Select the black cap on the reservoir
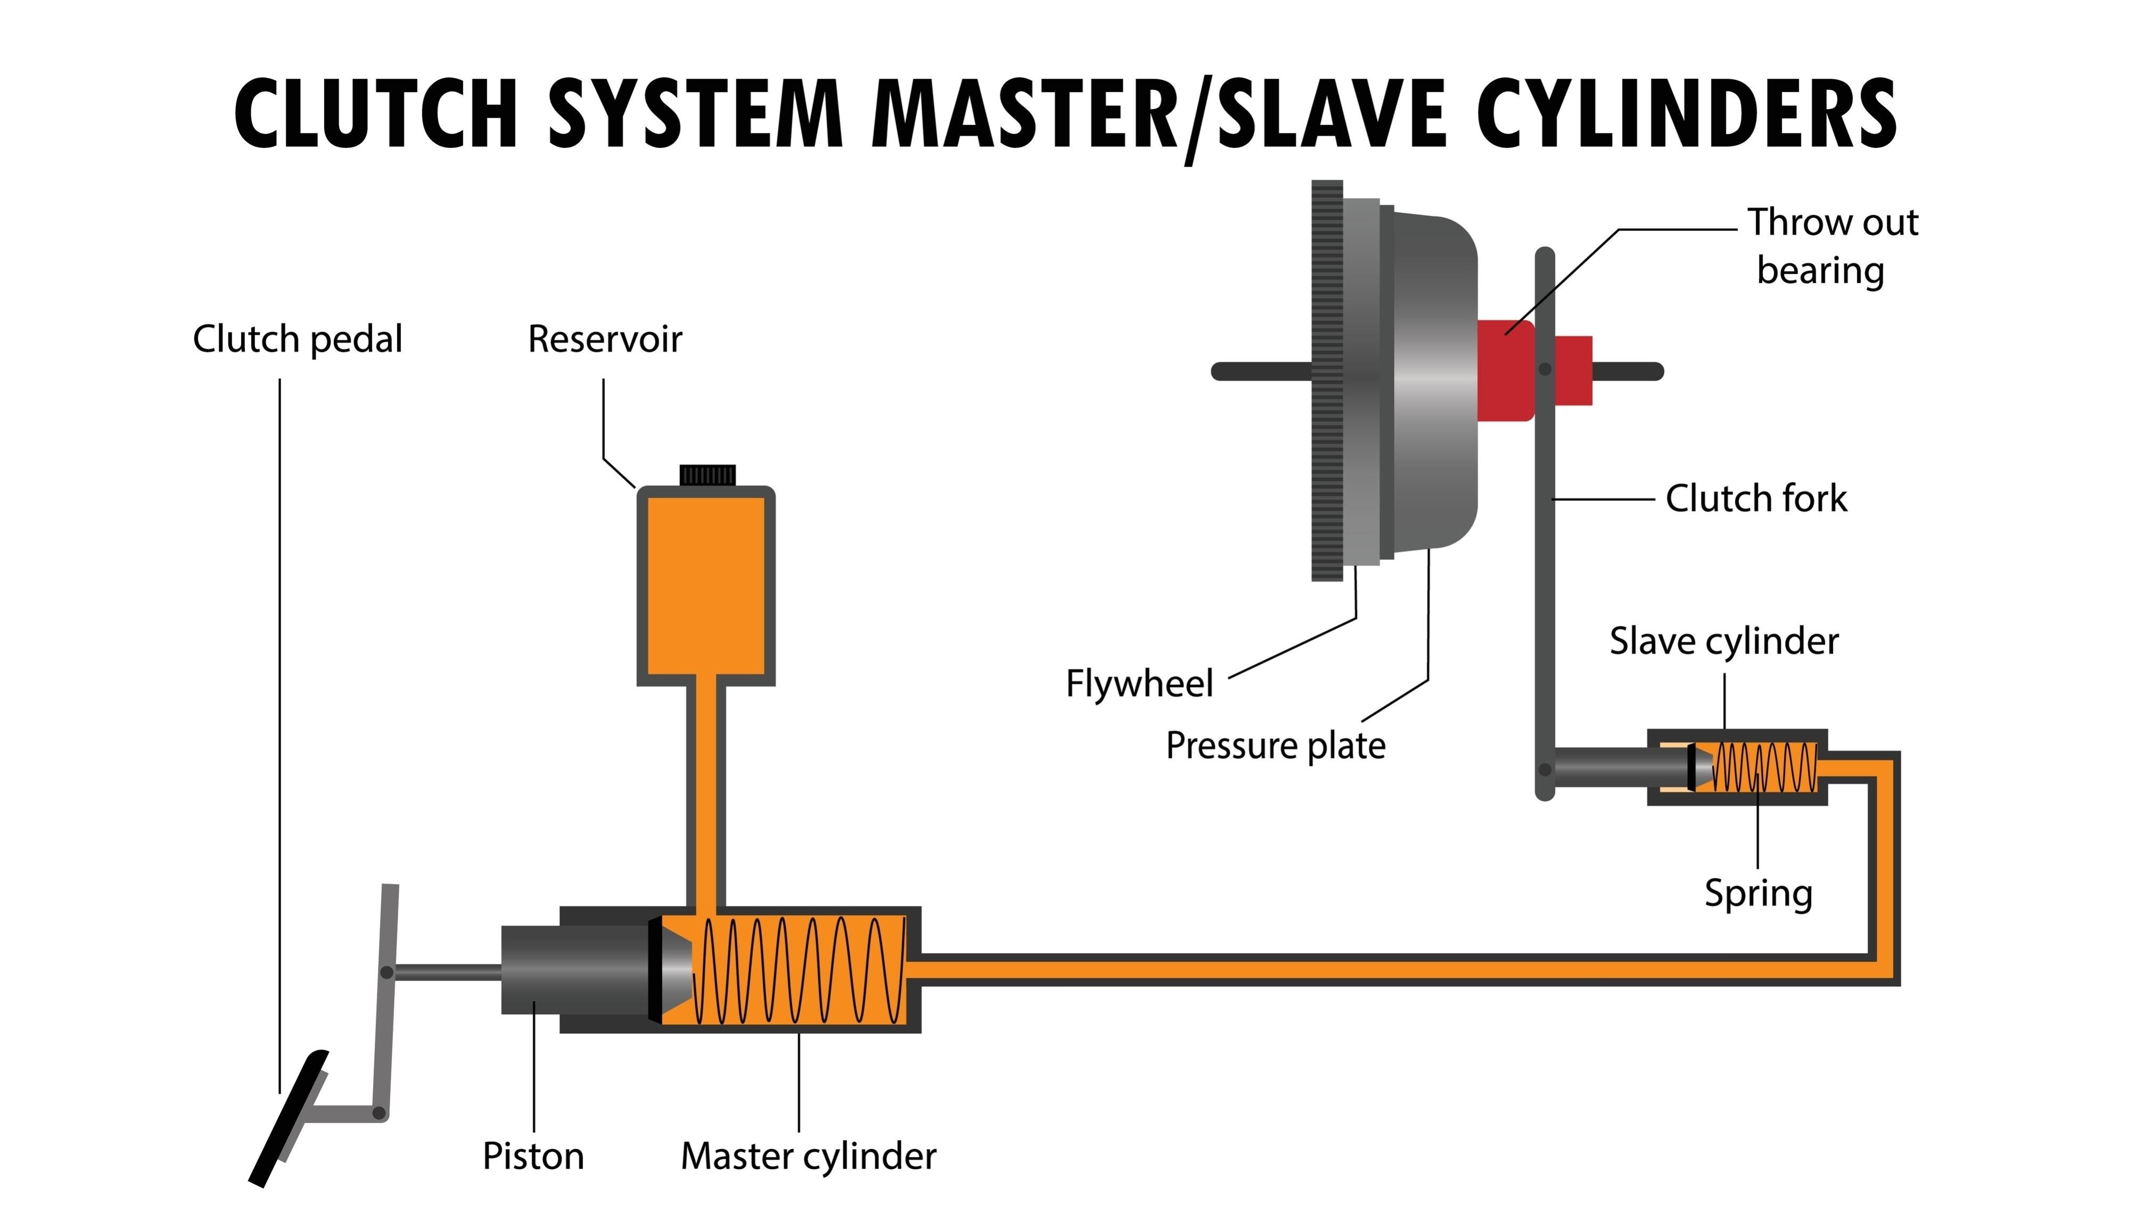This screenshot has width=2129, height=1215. coord(707,476)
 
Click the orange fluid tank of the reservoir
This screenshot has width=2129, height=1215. coord(706,584)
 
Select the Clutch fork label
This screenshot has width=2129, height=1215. coord(1755,498)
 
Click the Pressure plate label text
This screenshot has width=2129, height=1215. coord(1275,745)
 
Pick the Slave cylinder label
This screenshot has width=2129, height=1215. coord(1723,641)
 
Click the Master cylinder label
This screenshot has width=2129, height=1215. coord(808,1156)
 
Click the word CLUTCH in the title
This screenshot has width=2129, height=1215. coord(375,114)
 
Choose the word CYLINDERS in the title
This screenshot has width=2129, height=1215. coord(1686,114)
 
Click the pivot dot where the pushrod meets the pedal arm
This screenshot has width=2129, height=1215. coord(387,972)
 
